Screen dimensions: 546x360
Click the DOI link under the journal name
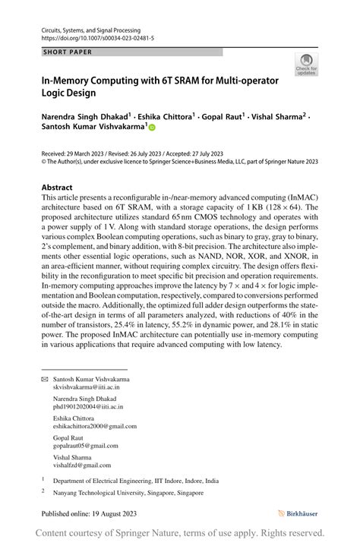click(95, 37)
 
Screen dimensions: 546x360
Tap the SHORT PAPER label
click(68, 52)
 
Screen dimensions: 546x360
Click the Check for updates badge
click(307, 65)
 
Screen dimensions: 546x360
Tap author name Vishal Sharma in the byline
click(276, 117)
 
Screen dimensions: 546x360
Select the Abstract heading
click(57, 187)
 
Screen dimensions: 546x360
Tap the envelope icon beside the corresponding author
click(44, 379)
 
